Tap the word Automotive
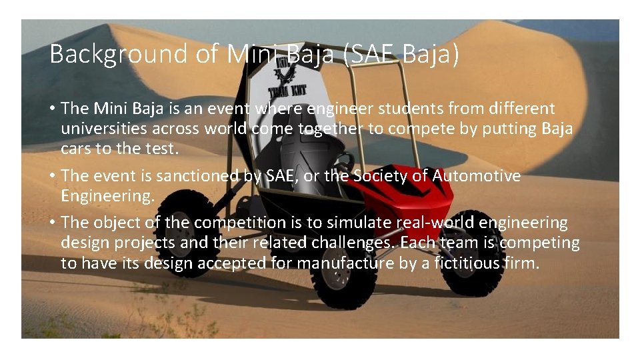click(476, 176)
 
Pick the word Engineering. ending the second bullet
click(107, 196)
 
